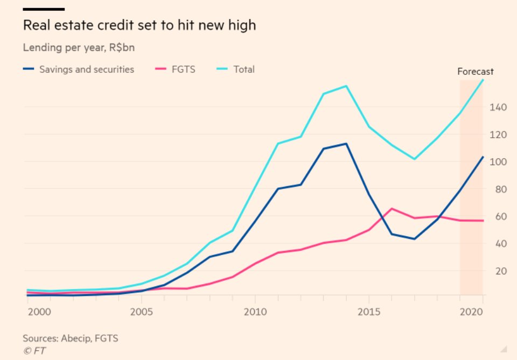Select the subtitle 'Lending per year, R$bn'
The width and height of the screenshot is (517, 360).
click(79, 47)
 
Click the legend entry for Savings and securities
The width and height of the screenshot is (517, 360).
click(86, 69)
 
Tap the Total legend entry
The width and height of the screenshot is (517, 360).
click(243, 69)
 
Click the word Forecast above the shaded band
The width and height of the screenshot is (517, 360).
click(475, 72)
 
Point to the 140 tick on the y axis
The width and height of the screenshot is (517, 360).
click(498, 108)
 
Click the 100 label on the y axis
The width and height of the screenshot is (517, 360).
click(498, 162)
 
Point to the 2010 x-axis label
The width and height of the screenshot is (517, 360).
click(254, 311)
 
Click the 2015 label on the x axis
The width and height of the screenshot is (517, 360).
click(369, 311)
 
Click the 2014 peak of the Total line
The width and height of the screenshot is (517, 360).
click(346, 86)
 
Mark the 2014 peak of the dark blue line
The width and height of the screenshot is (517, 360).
click(346, 144)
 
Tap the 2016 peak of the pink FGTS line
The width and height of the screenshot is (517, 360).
click(392, 208)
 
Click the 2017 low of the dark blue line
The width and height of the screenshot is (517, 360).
click(414, 239)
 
